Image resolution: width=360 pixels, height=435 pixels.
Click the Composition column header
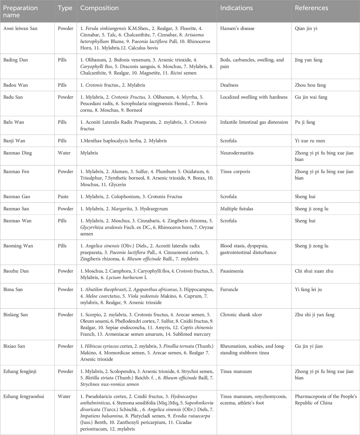[99, 8]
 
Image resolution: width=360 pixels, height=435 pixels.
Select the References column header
[311, 8]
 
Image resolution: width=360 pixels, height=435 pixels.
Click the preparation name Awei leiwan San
[20, 28]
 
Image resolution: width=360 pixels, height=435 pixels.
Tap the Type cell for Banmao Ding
[64, 153]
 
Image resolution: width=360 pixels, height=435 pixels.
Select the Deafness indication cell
[229, 85]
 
